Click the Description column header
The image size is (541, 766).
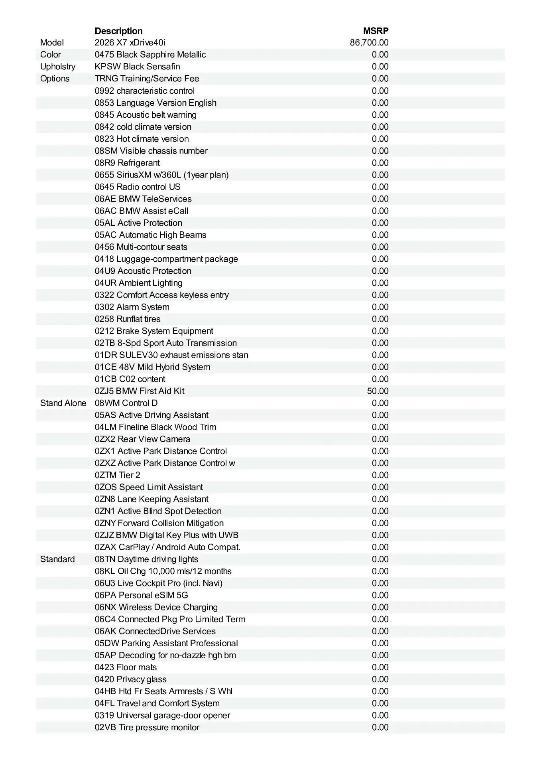(x=118, y=31)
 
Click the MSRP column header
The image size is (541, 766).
(x=376, y=31)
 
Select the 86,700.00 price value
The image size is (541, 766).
(x=369, y=43)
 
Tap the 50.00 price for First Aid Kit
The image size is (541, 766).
(x=378, y=391)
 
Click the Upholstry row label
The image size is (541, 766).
(x=58, y=67)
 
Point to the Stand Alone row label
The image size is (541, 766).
(x=63, y=403)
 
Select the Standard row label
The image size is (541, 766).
(x=57, y=559)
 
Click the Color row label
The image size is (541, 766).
(x=51, y=55)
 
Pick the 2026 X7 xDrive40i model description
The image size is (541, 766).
(x=130, y=43)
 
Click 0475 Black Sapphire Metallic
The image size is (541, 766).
(x=150, y=55)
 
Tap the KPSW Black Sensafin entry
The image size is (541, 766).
(x=137, y=67)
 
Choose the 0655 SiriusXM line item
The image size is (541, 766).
(x=161, y=175)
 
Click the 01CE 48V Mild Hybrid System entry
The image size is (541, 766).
(x=152, y=367)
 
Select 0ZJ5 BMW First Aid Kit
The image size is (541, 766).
(x=140, y=391)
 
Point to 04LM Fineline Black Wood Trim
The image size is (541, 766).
(x=155, y=427)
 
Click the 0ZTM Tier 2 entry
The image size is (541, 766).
(x=118, y=475)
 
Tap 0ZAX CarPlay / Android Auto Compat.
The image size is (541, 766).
(x=167, y=547)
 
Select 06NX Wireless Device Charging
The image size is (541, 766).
(x=156, y=607)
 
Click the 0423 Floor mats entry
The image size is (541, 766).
(x=126, y=667)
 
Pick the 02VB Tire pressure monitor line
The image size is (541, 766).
(x=147, y=727)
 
